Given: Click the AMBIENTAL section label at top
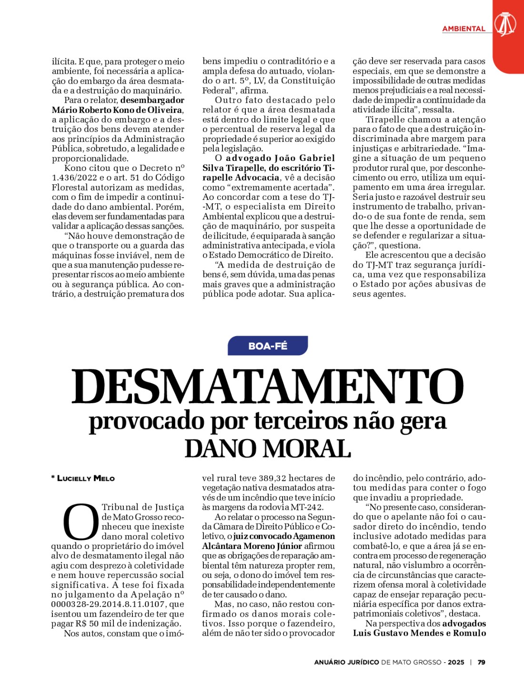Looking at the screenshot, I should pos(464,29).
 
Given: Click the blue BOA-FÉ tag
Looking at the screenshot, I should pos(268,346).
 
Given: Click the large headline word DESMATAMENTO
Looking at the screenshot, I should pos(267,387).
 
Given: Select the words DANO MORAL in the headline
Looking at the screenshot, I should pos(268,448).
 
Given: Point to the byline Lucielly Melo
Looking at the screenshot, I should pos(86,478).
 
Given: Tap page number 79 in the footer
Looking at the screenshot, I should pos(482,662).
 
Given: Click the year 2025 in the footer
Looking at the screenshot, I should pos(456,662).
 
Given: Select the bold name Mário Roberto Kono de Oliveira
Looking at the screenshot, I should pos(117,110).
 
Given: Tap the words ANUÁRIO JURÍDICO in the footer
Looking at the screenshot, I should pos(346,662).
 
